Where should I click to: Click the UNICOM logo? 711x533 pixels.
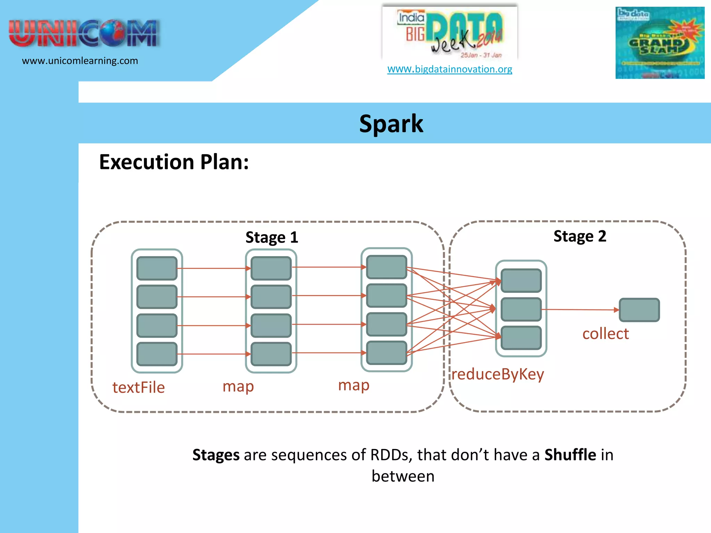tap(84, 33)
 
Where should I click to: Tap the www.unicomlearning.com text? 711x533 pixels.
tap(80, 61)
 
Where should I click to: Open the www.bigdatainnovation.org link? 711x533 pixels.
tap(450, 69)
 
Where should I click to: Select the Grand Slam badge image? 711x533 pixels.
tap(660, 43)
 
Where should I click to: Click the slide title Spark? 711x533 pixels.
tap(391, 124)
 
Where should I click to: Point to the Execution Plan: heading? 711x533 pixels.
tap(174, 162)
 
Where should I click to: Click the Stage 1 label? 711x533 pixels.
tap(271, 238)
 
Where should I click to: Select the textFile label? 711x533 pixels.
tap(139, 388)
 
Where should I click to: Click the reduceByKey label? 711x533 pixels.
tap(497, 374)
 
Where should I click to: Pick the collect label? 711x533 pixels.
tap(605, 334)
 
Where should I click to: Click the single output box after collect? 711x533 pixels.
tap(639, 310)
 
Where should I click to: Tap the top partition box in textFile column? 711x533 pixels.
tap(157, 268)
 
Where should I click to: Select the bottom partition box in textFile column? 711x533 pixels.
tap(157, 354)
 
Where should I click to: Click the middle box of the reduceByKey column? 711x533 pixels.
tap(521, 309)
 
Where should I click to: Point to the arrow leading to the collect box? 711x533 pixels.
tap(580, 310)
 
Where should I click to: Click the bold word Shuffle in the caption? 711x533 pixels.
tap(570, 455)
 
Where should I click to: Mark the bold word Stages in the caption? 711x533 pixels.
tap(216, 455)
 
